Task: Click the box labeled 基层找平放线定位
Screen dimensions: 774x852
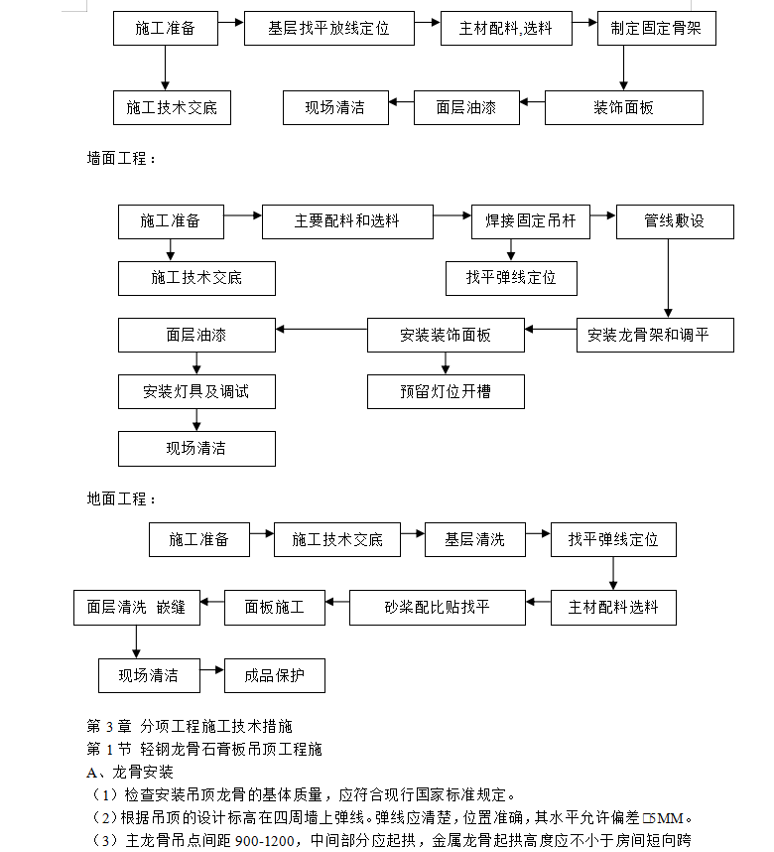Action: pyautogui.click(x=329, y=28)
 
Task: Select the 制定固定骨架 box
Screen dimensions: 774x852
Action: pyautogui.click(x=657, y=28)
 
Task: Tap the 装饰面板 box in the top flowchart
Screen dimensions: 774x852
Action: pyautogui.click(x=624, y=107)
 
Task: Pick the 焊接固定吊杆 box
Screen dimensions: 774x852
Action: pyautogui.click(x=531, y=221)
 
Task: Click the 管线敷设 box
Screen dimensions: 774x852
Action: pyautogui.click(x=675, y=221)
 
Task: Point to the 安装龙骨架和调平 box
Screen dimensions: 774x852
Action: pyautogui.click(x=655, y=336)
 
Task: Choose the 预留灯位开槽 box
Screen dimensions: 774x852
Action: pyautogui.click(x=446, y=392)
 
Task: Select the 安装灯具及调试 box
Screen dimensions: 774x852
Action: pyautogui.click(x=196, y=392)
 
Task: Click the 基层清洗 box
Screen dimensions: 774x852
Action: pyautogui.click(x=475, y=539)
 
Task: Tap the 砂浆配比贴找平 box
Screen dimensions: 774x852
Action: pyautogui.click(x=438, y=608)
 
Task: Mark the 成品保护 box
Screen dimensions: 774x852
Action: pyautogui.click(x=275, y=676)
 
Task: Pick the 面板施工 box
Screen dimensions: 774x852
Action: pyautogui.click(x=275, y=608)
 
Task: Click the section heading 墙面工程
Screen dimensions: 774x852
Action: pyautogui.click(x=121, y=159)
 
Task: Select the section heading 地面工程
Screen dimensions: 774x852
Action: pyautogui.click(x=121, y=498)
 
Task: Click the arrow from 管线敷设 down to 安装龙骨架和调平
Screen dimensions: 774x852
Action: pyautogui.click(x=668, y=278)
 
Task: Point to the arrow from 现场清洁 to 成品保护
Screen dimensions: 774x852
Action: pyautogui.click(x=211, y=670)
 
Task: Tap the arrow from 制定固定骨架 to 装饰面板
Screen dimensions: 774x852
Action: pyautogui.click(x=623, y=68)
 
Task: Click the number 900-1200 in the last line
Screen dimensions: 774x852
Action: pyautogui.click(x=265, y=841)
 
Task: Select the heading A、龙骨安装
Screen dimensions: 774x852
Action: pyautogui.click(x=130, y=773)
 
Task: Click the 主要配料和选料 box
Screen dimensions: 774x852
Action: pyautogui.click(x=347, y=221)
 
